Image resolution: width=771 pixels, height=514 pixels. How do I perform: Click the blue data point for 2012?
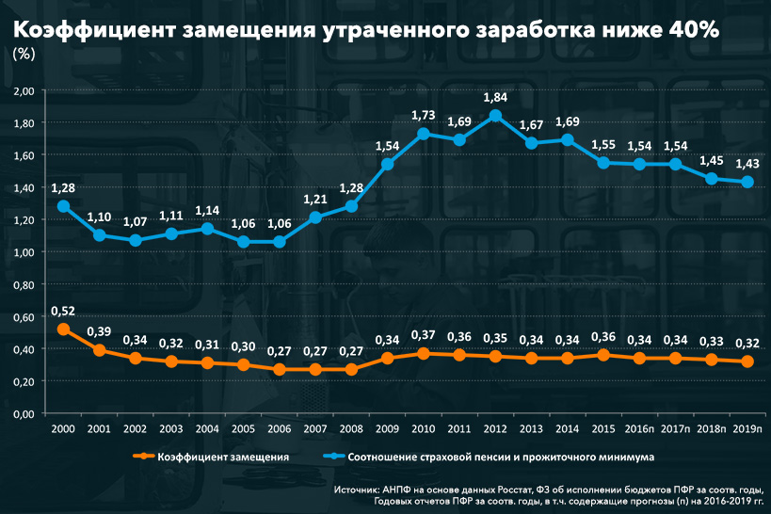[495, 116]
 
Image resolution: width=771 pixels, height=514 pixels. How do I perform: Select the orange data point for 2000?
[64, 329]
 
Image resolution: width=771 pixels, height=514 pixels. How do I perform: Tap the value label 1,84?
[495, 97]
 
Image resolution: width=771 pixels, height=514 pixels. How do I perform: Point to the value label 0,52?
[64, 310]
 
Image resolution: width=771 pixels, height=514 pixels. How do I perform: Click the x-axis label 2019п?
[748, 428]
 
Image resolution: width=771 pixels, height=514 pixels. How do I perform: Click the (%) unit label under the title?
[24, 54]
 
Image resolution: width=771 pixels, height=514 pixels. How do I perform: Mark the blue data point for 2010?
[424, 134]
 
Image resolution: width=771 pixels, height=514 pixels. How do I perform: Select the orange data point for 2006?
[280, 370]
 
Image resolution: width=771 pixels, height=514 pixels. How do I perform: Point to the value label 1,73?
[424, 115]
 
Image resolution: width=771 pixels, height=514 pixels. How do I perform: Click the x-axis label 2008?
[351, 428]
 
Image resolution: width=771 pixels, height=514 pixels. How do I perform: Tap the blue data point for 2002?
[136, 240]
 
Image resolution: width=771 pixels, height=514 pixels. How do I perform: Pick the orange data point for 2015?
[603, 355]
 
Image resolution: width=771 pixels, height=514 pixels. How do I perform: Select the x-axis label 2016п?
[640, 428]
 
